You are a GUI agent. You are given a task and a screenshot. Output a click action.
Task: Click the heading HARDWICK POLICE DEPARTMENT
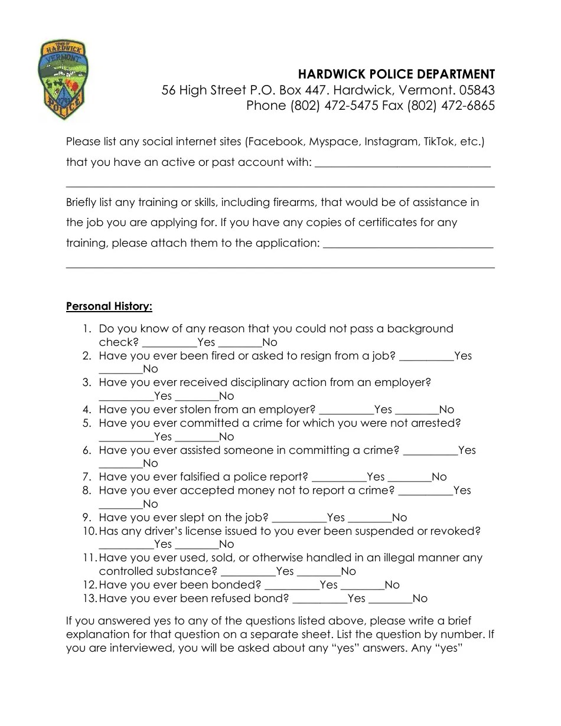pos(396,74)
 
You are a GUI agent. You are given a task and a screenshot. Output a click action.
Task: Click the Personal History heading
pos(109,306)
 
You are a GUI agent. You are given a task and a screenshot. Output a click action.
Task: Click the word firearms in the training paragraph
pos(293,202)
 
